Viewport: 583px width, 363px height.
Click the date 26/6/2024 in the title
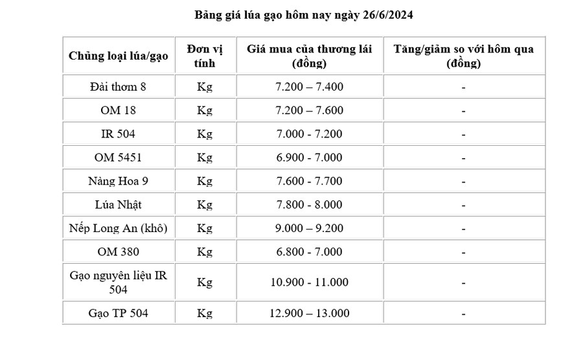[387, 15]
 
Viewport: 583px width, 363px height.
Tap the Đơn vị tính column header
[205, 56]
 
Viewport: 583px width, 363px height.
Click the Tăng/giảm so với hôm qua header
[464, 56]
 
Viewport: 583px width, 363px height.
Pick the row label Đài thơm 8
[119, 87]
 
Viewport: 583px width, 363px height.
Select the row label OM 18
[119, 111]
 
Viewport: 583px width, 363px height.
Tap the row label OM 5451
[119, 158]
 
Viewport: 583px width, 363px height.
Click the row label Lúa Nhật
[119, 205]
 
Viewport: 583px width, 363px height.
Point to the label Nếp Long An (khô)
[119, 228]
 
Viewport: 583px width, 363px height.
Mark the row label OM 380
[119, 252]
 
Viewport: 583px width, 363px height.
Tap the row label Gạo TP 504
[119, 313]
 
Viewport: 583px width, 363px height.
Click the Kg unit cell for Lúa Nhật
[205, 205]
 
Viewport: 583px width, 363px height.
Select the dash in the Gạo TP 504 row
[464, 313]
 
